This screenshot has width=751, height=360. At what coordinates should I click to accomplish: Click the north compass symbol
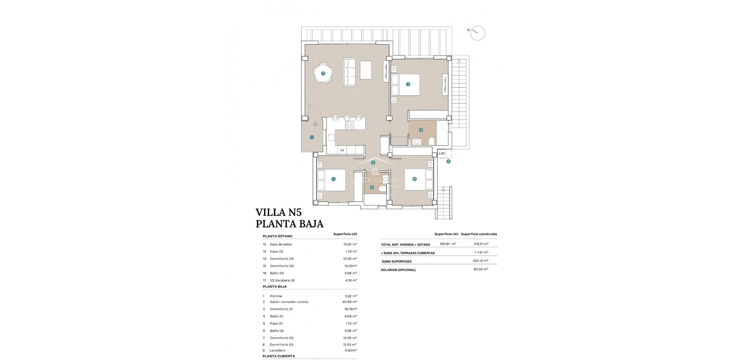[478, 33]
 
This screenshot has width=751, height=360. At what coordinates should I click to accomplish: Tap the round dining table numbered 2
[323, 73]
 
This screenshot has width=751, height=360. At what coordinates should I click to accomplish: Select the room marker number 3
[408, 84]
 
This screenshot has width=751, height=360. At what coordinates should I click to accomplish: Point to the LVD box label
[442, 153]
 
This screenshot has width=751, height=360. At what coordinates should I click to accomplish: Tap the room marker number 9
[449, 161]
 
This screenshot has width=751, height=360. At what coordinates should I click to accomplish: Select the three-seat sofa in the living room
[349, 72]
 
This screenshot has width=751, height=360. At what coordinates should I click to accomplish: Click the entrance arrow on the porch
[315, 124]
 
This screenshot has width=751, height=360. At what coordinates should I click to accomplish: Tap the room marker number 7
[333, 179]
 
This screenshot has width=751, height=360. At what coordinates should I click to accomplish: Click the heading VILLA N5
[278, 212]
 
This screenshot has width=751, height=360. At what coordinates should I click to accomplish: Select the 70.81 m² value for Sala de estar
[350, 244]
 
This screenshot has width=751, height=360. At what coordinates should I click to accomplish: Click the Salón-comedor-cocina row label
[289, 302]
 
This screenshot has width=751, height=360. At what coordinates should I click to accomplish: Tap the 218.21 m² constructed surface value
[481, 244]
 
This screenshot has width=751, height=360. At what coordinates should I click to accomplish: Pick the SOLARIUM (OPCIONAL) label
[398, 270]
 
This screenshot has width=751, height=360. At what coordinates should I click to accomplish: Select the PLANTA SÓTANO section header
[277, 236]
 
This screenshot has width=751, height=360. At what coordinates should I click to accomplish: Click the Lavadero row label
[277, 351]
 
